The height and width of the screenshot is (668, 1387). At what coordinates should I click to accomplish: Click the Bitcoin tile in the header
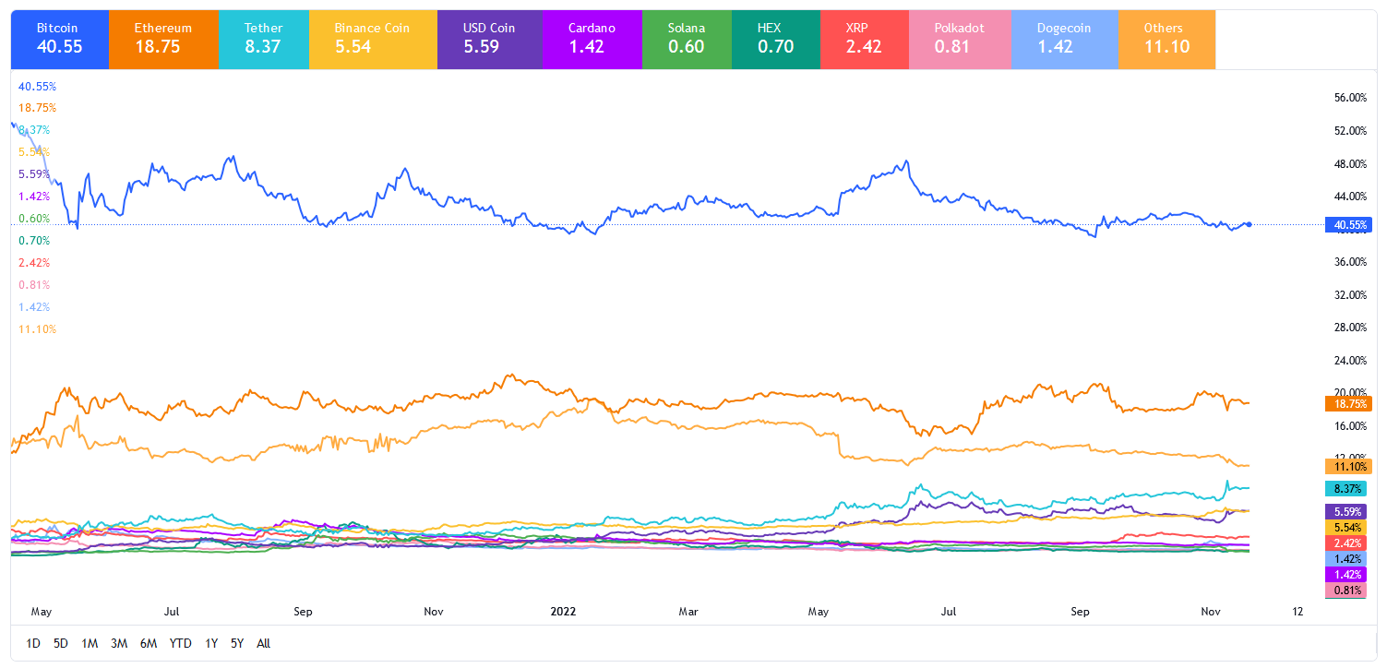tap(59, 39)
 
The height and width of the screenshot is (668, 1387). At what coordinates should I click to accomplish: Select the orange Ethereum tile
tap(163, 39)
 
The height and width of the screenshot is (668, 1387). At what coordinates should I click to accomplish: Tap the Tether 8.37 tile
tap(264, 39)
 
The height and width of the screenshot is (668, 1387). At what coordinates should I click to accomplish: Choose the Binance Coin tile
tap(371, 39)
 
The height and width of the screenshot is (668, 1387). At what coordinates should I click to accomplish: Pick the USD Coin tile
tap(489, 39)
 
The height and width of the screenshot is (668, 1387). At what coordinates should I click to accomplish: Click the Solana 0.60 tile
tap(687, 39)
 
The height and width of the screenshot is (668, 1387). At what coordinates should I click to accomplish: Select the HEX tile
tap(775, 39)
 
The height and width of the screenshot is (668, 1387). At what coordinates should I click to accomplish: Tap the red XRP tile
tap(865, 39)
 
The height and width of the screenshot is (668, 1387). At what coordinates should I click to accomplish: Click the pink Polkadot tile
tap(959, 39)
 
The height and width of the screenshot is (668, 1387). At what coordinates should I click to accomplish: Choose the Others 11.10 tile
tap(1166, 39)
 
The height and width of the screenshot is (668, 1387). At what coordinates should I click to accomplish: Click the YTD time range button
tap(181, 643)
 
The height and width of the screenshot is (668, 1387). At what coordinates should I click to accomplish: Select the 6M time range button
tap(149, 643)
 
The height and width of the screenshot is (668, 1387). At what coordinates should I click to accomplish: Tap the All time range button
tap(263, 643)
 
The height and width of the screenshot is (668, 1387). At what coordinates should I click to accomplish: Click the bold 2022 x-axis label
tap(564, 611)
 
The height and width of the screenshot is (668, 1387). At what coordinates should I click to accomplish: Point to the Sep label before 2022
tap(304, 611)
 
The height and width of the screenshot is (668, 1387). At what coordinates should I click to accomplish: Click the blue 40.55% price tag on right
tap(1347, 224)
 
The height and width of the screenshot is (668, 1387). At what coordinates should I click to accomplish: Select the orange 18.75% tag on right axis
tap(1347, 403)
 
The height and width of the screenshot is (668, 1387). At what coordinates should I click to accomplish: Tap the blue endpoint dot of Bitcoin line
tap(1249, 224)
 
